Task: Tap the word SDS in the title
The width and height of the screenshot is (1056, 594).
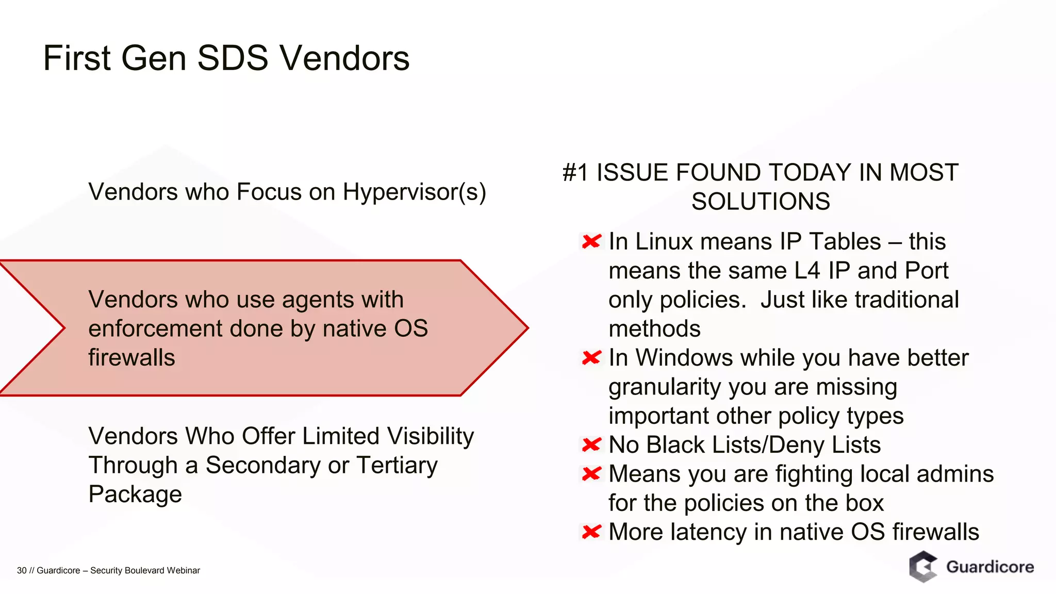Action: pos(233,58)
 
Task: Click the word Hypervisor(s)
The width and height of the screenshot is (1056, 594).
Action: pos(414,192)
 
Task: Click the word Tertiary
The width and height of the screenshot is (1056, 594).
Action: pos(397,465)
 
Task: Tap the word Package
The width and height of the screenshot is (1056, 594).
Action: pos(135,494)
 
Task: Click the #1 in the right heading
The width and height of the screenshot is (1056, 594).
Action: pos(575,172)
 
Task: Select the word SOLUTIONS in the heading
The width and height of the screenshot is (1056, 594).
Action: pos(761,201)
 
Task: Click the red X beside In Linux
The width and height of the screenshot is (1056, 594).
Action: pos(591,241)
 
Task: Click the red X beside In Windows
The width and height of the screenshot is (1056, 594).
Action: pos(591,358)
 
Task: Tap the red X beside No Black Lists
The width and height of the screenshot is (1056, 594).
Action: pos(591,444)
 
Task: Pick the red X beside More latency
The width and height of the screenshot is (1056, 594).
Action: pos(591,532)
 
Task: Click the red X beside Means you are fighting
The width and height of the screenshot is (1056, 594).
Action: pos(591,473)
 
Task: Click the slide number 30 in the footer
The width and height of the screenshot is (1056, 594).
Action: pos(22,570)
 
